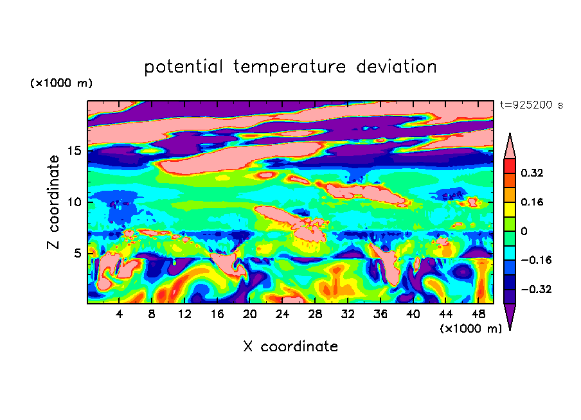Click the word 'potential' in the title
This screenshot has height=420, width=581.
pyautogui.click(x=183, y=67)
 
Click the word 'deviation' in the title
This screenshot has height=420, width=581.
pyautogui.click(x=397, y=66)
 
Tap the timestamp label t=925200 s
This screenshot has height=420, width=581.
pyautogui.click(x=532, y=105)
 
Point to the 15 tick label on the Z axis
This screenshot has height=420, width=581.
pyautogui.click(x=74, y=151)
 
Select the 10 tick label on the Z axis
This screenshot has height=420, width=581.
pyautogui.click(x=74, y=202)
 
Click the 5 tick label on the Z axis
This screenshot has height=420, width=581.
pyautogui.click(x=77, y=253)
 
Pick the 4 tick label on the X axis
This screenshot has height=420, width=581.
pyautogui.click(x=119, y=314)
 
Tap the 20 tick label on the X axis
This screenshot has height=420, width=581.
pyautogui.click(x=249, y=314)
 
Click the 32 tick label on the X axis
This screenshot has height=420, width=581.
pyautogui.click(x=348, y=314)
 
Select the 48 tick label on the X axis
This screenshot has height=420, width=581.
pyautogui.click(x=478, y=314)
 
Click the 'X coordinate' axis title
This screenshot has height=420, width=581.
pyautogui.click(x=290, y=346)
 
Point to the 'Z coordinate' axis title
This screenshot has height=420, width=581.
pyautogui.click(x=53, y=202)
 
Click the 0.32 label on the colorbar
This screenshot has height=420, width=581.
pyautogui.click(x=532, y=173)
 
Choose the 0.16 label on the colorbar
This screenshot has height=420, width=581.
pyautogui.click(x=532, y=202)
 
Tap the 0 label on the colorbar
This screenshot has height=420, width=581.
pyautogui.click(x=524, y=231)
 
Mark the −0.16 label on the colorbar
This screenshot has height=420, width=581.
pyautogui.click(x=536, y=260)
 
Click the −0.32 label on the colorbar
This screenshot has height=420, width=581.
pyautogui.click(x=536, y=289)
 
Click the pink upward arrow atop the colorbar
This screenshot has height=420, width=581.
pyautogui.click(x=510, y=146)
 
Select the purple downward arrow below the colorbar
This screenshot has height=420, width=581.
pyautogui.click(x=510, y=316)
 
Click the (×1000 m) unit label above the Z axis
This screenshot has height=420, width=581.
pyautogui.click(x=61, y=83)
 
